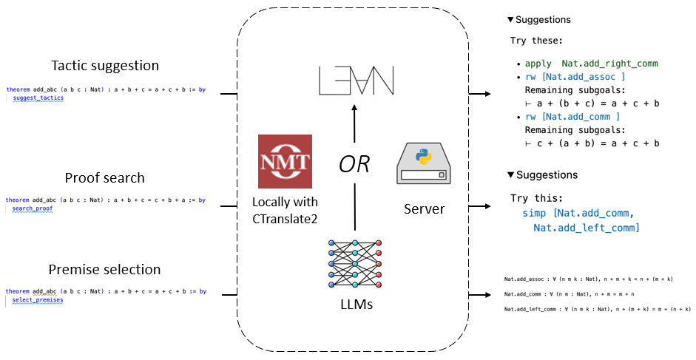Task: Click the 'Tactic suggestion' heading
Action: click(x=104, y=66)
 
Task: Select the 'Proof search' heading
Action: click(x=104, y=178)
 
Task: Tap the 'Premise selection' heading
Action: click(x=104, y=269)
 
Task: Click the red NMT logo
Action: click(x=285, y=161)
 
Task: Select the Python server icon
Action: click(x=424, y=164)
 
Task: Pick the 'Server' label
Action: click(x=424, y=209)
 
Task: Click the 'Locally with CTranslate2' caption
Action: click(x=286, y=209)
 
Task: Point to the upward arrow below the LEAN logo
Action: click(x=355, y=123)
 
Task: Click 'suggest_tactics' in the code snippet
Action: click(x=38, y=98)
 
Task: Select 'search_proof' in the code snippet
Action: click(x=33, y=209)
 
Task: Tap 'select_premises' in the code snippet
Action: click(x=38, y=300)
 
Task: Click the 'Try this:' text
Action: click(x=536, y=199)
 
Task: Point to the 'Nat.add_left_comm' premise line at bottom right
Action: click(x=597, y=308)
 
